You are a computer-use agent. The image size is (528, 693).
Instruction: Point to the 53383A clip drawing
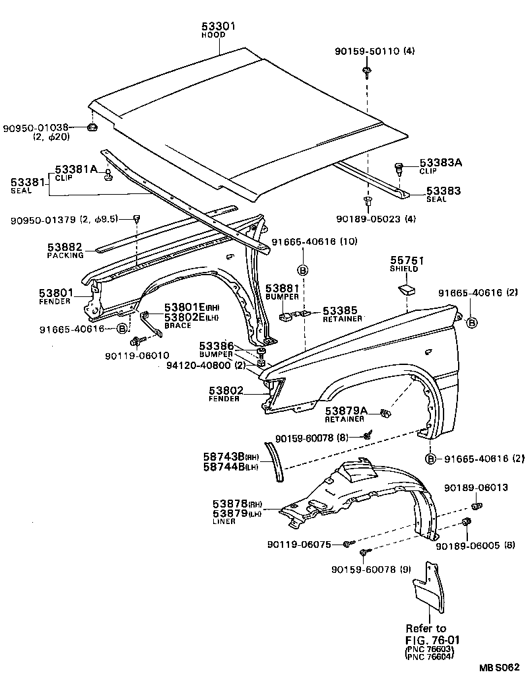click(x=398, y=168)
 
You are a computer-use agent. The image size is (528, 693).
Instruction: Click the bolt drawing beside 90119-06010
click(x=138, y=341)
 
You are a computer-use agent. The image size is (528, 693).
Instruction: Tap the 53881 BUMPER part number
click(x=282, y=289)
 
